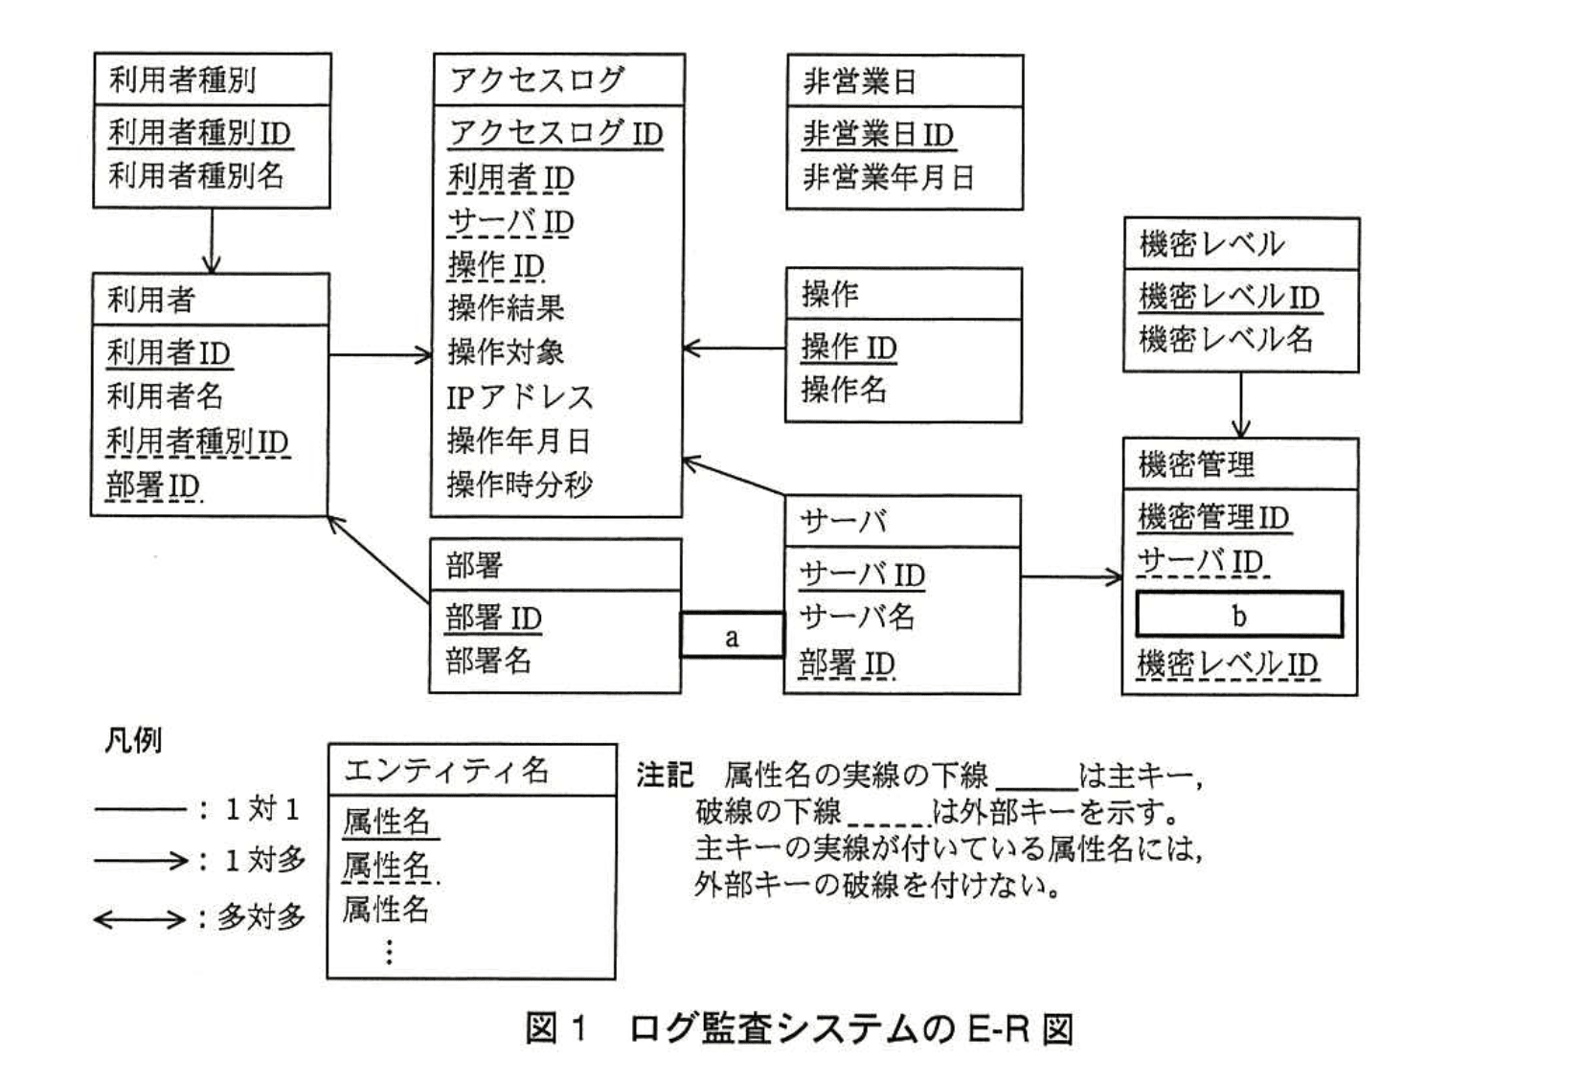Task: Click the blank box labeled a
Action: point(732,636)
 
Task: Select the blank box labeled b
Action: point(1239,615)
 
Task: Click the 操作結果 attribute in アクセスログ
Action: point(506,308)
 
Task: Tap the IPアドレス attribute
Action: point(520,396)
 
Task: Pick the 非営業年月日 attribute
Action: point(888,177)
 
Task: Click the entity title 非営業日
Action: point(860,81)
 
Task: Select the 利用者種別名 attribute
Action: point(196,175)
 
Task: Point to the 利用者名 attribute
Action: point(165,395)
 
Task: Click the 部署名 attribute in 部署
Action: point(488,661)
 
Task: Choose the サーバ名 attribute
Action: point(857,617)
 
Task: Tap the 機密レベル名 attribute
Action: point(1226,339)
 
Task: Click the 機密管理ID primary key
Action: point(1213,517)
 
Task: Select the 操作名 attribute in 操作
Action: point(844,389)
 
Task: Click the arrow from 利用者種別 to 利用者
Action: point(212,240)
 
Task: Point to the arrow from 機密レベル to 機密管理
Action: point(1241,405)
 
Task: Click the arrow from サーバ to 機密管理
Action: point(1071,576)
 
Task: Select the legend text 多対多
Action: point(260,917)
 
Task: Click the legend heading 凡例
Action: point(133,740)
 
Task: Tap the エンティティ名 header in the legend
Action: point(446,771)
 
